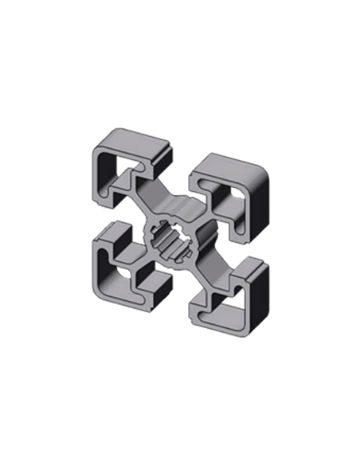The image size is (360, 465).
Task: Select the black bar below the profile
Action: click(179, 362)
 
